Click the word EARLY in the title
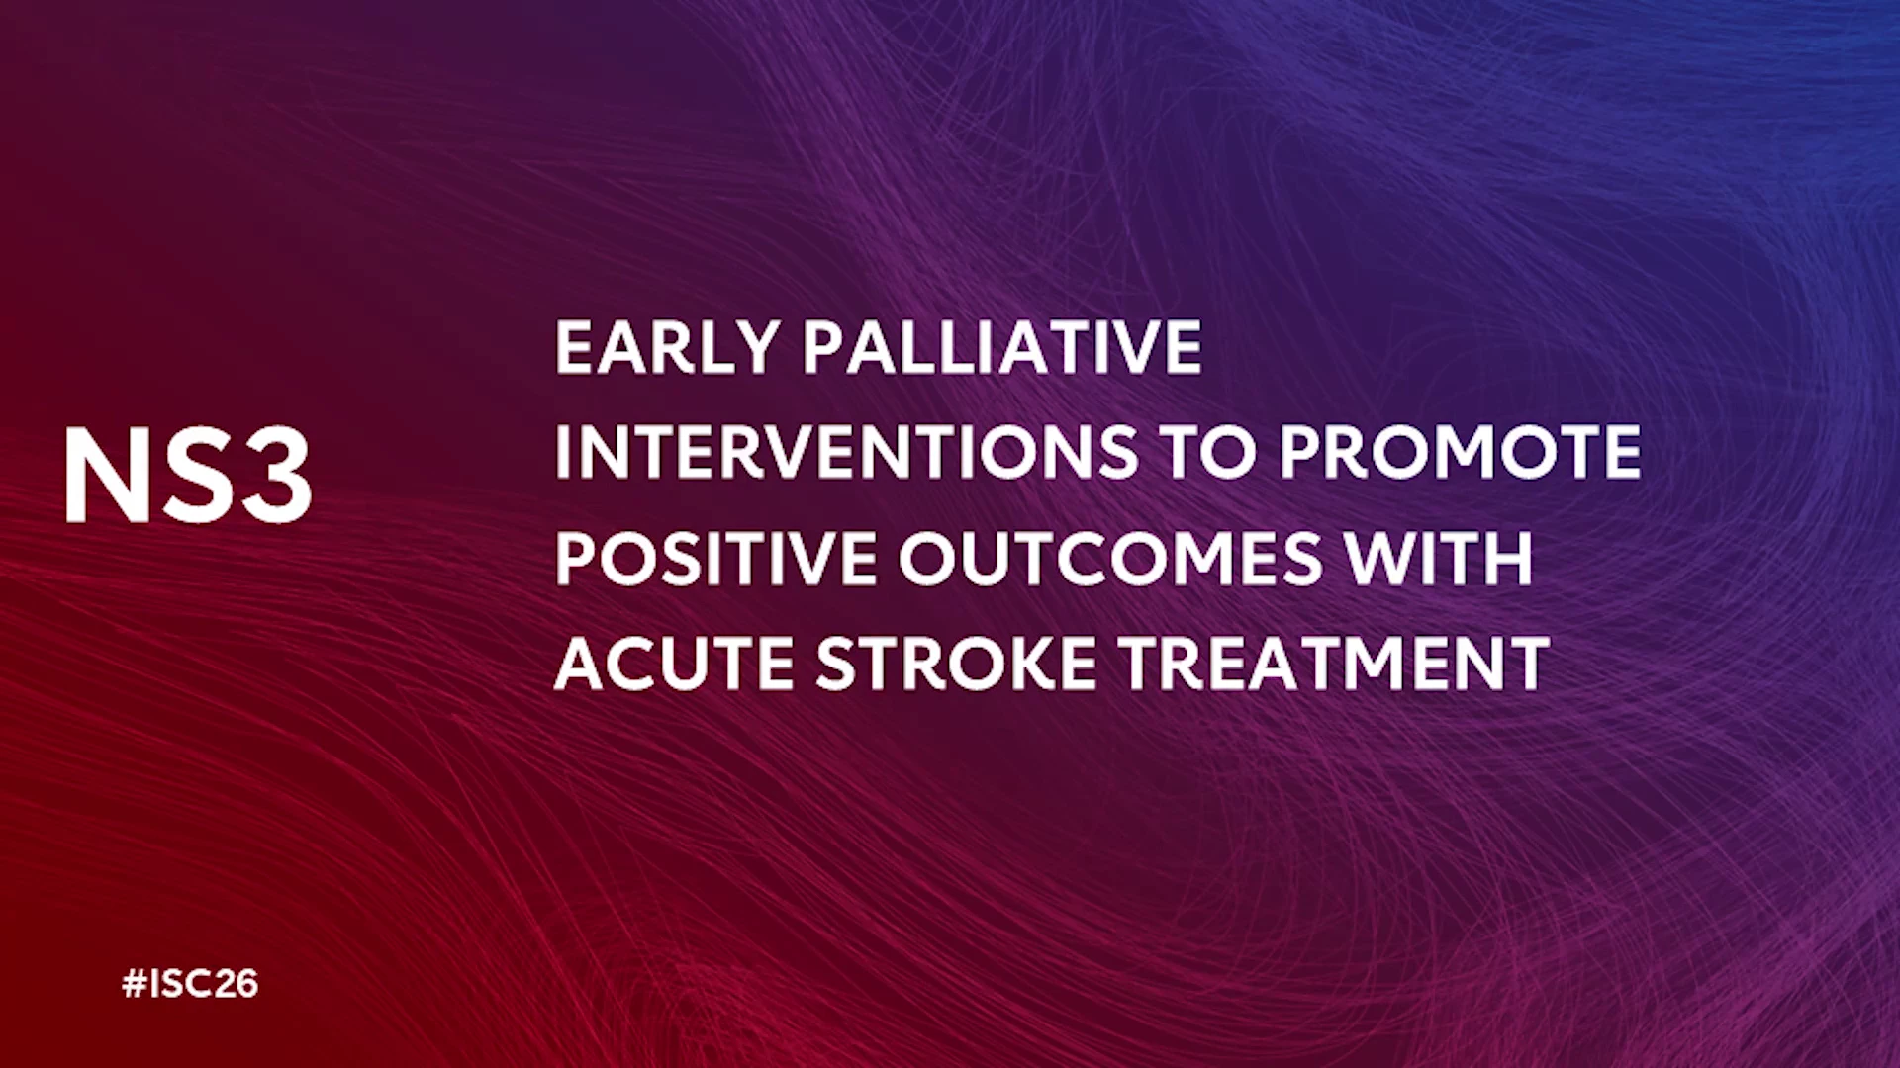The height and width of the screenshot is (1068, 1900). point(667,347)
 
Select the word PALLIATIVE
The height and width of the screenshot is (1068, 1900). point(1002,347)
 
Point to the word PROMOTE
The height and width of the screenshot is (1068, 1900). point(1460,452)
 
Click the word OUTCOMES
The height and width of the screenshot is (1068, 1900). point(1110,558)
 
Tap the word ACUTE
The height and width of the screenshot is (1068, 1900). point(674,663)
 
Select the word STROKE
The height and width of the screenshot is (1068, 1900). point(957,663)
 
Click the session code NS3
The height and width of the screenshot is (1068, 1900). point(188,475)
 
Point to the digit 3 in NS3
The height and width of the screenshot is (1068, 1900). point(278,475)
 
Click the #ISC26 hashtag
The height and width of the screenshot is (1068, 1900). point(190,983)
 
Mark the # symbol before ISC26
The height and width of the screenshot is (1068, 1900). point(135,983)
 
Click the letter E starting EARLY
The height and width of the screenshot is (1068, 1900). point(574,347)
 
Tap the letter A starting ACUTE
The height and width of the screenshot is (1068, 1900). point(579,663)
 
